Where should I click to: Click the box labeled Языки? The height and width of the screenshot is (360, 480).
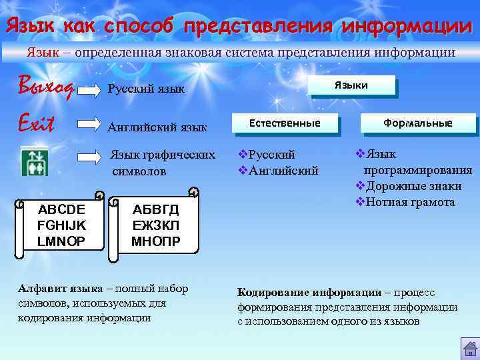(351, 85)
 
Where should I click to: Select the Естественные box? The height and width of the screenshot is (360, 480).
(285, 123)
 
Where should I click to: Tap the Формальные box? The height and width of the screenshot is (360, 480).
(417, 123)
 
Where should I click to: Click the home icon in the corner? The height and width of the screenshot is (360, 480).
(469, 349)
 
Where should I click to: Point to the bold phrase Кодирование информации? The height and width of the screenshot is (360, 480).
(309, 293)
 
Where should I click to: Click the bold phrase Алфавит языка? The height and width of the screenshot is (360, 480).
(60, 289)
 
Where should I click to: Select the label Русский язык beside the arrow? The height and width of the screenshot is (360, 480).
(146, 89)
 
